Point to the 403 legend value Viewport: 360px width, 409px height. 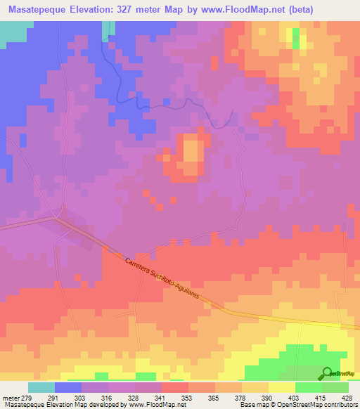(281, 397)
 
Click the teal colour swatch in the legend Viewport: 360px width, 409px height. (41, 387)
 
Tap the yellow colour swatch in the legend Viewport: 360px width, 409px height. (281, 387)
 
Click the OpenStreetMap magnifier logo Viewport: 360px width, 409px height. (327, 373)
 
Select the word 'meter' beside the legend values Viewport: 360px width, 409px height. (12, 397)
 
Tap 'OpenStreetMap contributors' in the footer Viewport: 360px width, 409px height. (317, 405)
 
